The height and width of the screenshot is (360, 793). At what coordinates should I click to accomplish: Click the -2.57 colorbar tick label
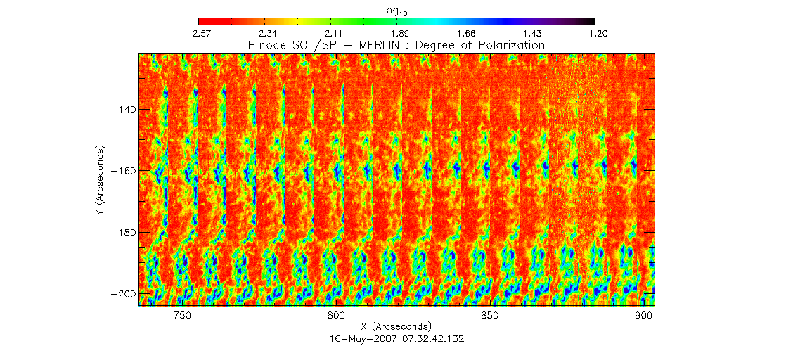pos(199,33)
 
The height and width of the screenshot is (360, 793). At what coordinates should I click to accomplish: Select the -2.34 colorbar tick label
pos(265,33)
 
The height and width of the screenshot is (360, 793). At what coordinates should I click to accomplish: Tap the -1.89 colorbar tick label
pos(396,33)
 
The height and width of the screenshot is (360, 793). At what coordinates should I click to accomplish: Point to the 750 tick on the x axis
pos(181,316)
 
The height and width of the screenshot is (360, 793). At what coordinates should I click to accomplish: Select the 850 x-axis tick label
pos(489,316)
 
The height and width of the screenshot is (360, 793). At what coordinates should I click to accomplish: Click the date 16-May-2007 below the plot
pos(360,338)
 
